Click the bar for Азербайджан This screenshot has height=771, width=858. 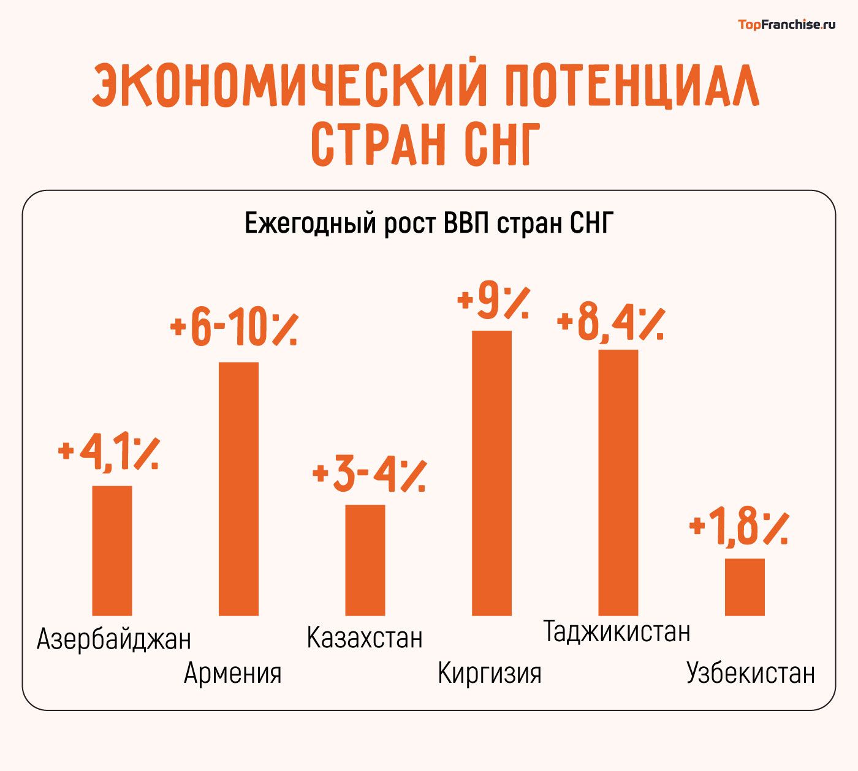(112, 550)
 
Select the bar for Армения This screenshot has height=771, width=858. (239, 488)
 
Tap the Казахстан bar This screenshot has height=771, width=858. (365, 560)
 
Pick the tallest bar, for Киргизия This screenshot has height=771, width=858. (492, 472)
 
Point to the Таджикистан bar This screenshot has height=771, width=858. (618, 482)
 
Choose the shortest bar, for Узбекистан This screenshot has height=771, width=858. (745, 587)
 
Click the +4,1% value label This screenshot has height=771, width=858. (109, 453)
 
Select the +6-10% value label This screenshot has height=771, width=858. (235, 329)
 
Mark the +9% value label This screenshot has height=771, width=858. (493, 301)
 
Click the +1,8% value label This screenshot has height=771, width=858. (738, 527)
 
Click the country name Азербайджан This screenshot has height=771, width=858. (114, 639)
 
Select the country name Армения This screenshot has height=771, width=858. (233, 673)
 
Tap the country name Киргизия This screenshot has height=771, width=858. (489, 673)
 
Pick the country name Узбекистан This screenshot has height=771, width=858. (751, 673)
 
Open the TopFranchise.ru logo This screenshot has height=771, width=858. (786, 24)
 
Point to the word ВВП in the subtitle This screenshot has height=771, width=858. (466, 224)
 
